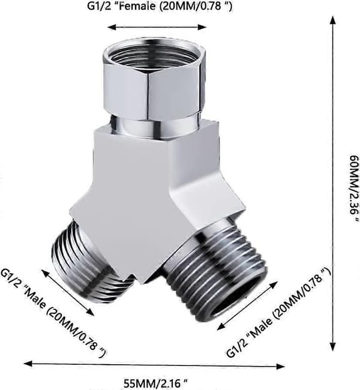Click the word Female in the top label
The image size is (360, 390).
pyautogui.click(x=137, y=6)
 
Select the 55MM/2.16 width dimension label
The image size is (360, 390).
pyautogui.click(x=156, y=383)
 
